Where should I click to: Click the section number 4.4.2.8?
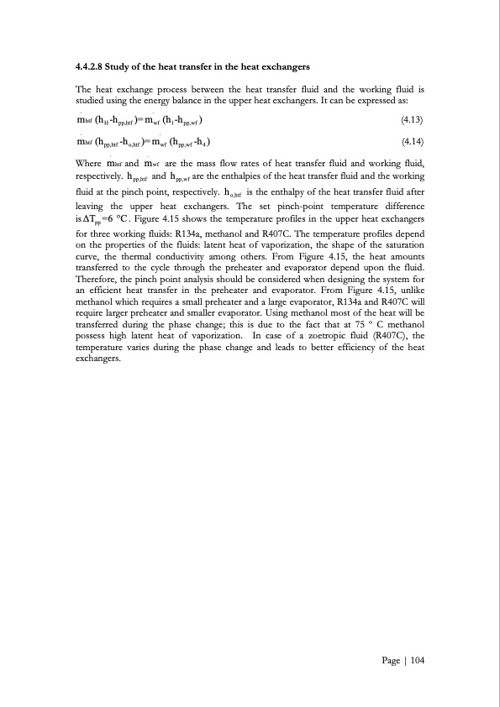(92, 65)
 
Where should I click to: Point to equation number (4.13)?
(413, 120)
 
